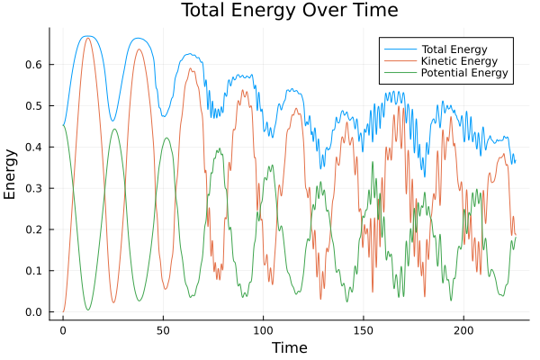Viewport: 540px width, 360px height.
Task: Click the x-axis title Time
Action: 289,347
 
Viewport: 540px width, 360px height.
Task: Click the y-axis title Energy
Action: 11,174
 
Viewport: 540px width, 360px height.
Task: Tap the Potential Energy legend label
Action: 465,72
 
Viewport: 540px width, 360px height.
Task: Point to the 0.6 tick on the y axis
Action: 33,65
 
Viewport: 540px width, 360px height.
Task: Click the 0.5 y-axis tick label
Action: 33,106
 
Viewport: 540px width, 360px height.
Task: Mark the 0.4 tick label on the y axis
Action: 33,148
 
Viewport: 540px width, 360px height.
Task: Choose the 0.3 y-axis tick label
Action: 33,189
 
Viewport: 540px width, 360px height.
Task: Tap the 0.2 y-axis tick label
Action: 33,230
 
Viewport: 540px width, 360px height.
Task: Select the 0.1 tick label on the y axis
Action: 33,272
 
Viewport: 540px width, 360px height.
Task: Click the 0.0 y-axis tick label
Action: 33,312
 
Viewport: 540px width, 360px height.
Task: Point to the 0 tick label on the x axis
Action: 63,330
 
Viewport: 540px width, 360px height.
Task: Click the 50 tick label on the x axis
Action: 163,330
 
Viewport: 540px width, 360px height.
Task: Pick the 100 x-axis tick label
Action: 263,330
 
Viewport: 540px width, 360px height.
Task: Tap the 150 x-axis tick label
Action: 363,330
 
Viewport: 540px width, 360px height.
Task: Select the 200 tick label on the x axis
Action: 463,330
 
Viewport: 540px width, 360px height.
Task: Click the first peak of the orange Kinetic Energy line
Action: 87,39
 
